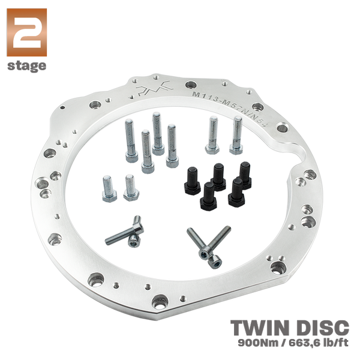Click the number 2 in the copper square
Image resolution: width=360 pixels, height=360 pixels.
click(x=26, y=32)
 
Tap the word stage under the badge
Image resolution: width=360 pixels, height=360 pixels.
click(x=26, y=66)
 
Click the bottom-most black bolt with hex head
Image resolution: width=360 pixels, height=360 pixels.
click(x=208, y=196)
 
